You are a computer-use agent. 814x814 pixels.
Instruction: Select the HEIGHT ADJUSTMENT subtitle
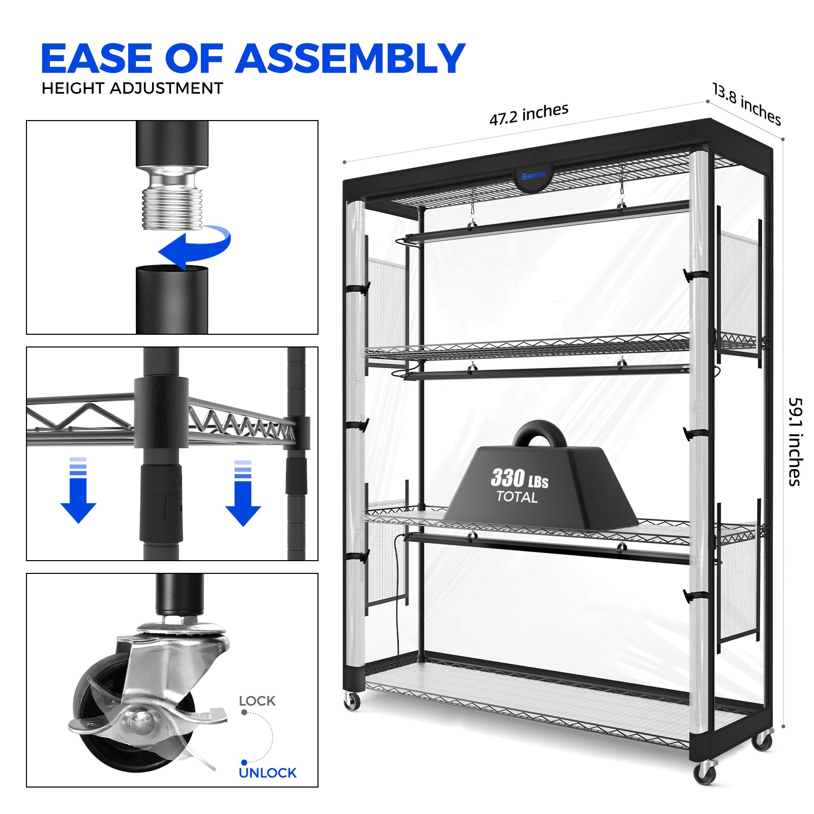point(132,89)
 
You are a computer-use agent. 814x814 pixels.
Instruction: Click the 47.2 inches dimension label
point(529,114)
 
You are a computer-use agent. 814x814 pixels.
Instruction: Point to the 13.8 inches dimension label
point(746,104)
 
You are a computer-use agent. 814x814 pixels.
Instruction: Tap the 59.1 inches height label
point(795,442)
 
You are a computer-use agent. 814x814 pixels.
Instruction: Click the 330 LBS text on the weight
point(519,478)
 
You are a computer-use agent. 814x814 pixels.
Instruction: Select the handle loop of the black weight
point(539,432)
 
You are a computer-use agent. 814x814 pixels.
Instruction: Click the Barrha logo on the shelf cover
point(533,176)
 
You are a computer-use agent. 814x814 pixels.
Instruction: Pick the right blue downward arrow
point(243,493)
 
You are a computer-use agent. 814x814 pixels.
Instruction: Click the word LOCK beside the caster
point(257,701)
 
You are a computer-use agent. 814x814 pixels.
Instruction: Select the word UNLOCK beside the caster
point(268,773)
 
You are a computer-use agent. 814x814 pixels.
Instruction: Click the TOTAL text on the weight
point(517,497)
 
